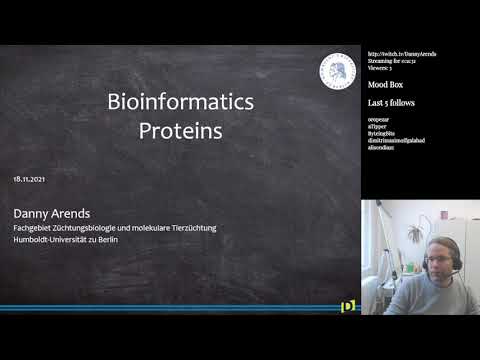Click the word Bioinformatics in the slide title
click(x=180, y=102)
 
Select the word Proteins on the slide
click(x=180, y=130)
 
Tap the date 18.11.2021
click(x=30, y=179)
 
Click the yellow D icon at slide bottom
click(x=347, y=306)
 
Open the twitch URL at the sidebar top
click(x=402, y=54)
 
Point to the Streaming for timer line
click(x=396, y=62)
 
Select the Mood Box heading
click(x=387, y=87)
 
